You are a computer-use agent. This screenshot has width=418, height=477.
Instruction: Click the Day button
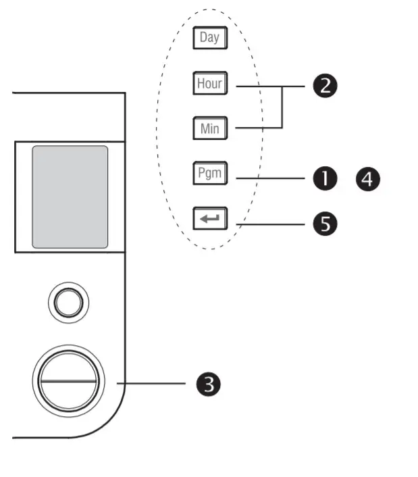(209, 38)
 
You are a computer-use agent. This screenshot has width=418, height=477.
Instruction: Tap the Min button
(209, 128)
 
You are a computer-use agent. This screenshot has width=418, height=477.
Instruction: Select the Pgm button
(209, 174)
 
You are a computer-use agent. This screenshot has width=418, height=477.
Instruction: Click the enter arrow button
(209, 219)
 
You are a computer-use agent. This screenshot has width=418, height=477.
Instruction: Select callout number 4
(369, 179)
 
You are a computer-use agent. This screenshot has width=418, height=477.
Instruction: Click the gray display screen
(70, 197)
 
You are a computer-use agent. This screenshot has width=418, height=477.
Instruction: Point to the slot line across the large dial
(68, 380)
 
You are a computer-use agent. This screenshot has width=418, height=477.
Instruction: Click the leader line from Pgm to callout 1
(270, 178)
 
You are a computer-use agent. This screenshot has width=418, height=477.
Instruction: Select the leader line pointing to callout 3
(152, 384)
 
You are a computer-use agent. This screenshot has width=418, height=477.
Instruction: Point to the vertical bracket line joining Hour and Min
(282, 107)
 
